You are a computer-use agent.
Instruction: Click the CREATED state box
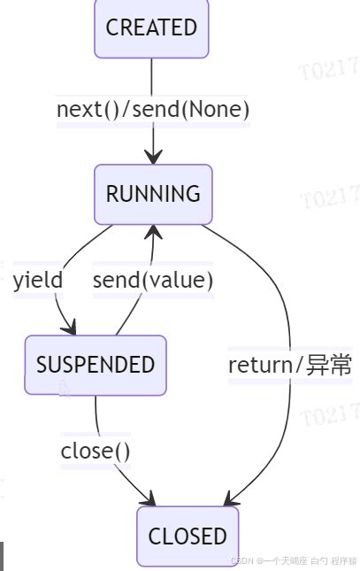(x=151, y=28)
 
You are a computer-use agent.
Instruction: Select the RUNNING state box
(x=153, y=194)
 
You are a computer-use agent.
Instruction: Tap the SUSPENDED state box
(x=96, y=365)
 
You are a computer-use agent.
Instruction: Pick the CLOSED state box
(x=188, y=536)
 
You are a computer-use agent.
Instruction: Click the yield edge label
(x=38, y=281)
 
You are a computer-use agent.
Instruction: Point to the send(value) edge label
(x=153, y=281)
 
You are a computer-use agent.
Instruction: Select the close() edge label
(x=96, y=451)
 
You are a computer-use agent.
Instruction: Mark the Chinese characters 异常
(x=329, y=365)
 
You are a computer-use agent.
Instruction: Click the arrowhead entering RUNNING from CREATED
(x=153, y=158)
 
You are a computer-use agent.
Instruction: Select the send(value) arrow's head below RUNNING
(x=154, y=232)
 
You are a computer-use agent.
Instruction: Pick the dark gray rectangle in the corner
(x=2, y=556)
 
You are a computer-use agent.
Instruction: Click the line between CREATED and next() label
(x=152, y=75)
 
